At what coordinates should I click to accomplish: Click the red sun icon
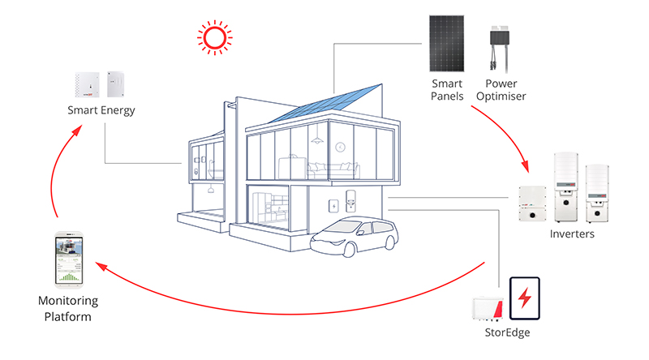click(214, 37)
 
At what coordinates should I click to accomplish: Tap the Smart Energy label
click(101, 110)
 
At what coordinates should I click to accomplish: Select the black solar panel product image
click(447, 44)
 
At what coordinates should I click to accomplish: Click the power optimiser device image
click(500, 49)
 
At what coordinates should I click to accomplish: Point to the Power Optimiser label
click(501, 90)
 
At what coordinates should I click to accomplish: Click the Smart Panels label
click(447, 90)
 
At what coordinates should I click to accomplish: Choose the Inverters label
click(572, 234)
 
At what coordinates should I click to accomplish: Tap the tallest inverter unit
click(565, 187)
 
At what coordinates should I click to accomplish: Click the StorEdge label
click(508, 332)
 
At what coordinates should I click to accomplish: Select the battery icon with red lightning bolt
click(524, 298)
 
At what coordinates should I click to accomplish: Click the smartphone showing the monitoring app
click(69, 259)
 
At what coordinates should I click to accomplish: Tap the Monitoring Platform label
click(68, 308)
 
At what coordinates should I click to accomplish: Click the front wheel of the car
click(348, 250)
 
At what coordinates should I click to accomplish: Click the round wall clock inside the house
click(340, 147)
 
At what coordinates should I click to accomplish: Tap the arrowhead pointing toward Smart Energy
click(76, 131)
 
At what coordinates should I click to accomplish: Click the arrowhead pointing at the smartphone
click(101, 266)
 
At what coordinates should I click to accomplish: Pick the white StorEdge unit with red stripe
click(488, 308)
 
